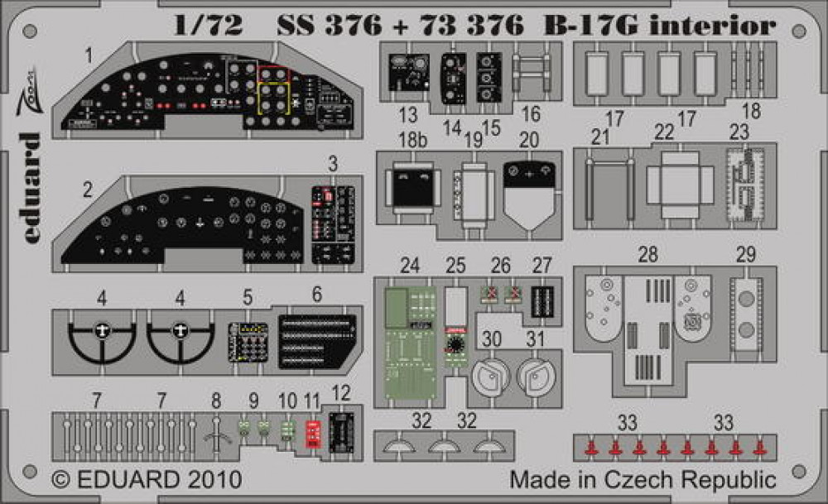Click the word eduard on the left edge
[x=31, y=188]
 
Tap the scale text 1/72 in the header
[x=208, y=25]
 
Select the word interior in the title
[x=713, y=24]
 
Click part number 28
[x=648, y=255]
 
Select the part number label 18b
[x=412, y=141]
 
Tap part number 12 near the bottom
[x=341, y=393]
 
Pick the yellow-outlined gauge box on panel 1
[x=273, y=98]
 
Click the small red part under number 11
[x=313, y=434]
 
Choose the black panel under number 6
[x=317, y=341]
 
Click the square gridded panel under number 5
[x=248, y=342]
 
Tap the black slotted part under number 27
[x=542, y=301]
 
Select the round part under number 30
[x=490, y=376]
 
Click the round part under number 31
[x=536, y=376]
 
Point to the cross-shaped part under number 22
[x=680, y=185]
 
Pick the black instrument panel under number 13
[x=409, y=72]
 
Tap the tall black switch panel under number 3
[x=333, y=224]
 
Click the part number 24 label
[x=410, y=266]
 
